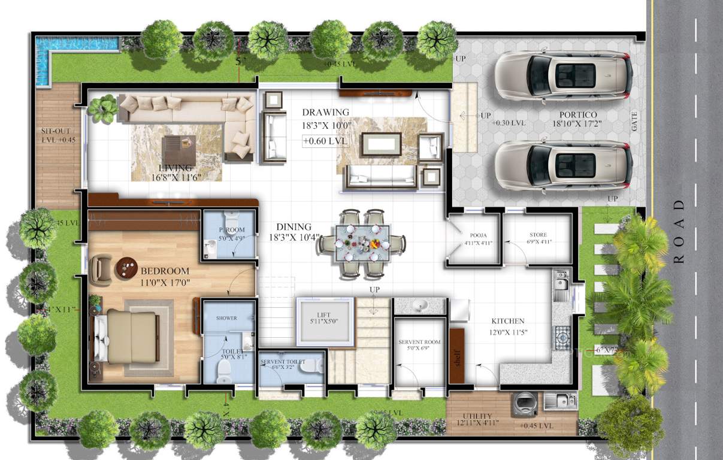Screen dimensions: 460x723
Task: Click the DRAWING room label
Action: click(x=325, y=113)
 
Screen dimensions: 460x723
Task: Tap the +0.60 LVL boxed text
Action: click(x=325, y=141)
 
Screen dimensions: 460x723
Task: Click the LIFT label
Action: click(x=324, y=315)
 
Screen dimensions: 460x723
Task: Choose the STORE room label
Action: click(x=538, y=235)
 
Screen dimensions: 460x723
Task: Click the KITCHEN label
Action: click(x=508, y=321)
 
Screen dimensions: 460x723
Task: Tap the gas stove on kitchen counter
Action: click(x=562, y=338)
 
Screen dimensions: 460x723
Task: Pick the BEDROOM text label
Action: click(x=165, y=271)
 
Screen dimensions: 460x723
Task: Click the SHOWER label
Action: click(x=226, y=318)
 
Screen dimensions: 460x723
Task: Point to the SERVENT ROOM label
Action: click(x=419, y=342)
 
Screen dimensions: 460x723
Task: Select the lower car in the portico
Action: click(x=562, y=166)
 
